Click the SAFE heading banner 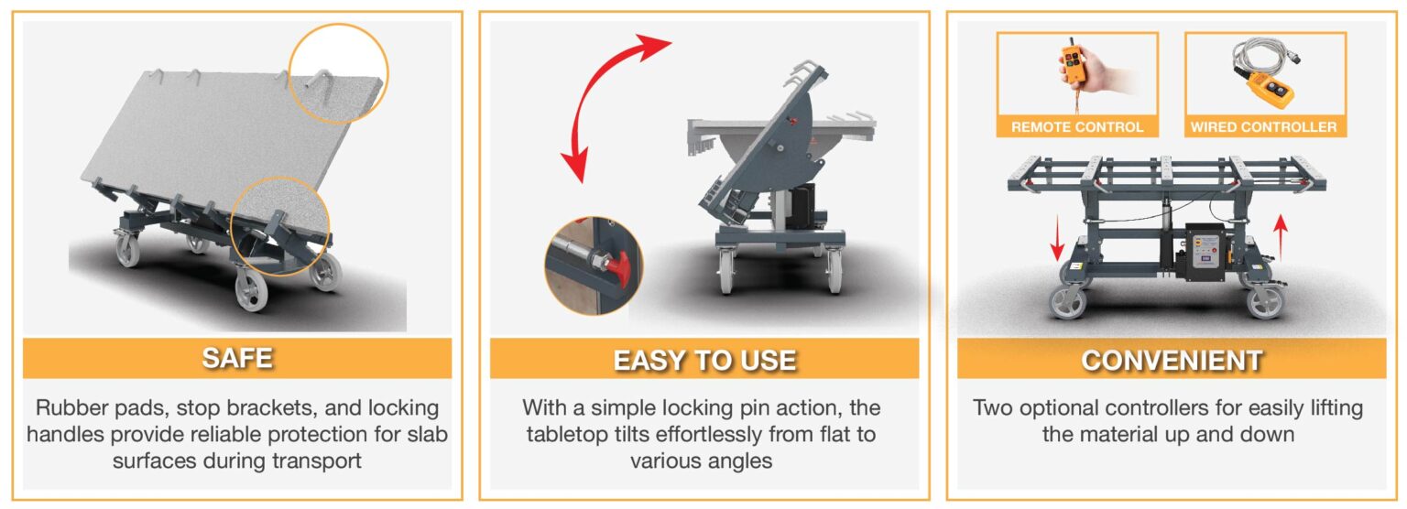point(237,358)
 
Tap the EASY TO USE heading point(704,361)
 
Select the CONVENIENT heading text point(1172,361)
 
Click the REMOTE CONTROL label point(1076,126)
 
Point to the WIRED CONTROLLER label point(1264,126)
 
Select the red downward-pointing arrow point(1057,238)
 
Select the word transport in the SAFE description point(317,461)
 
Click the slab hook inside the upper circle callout point(322,86)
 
